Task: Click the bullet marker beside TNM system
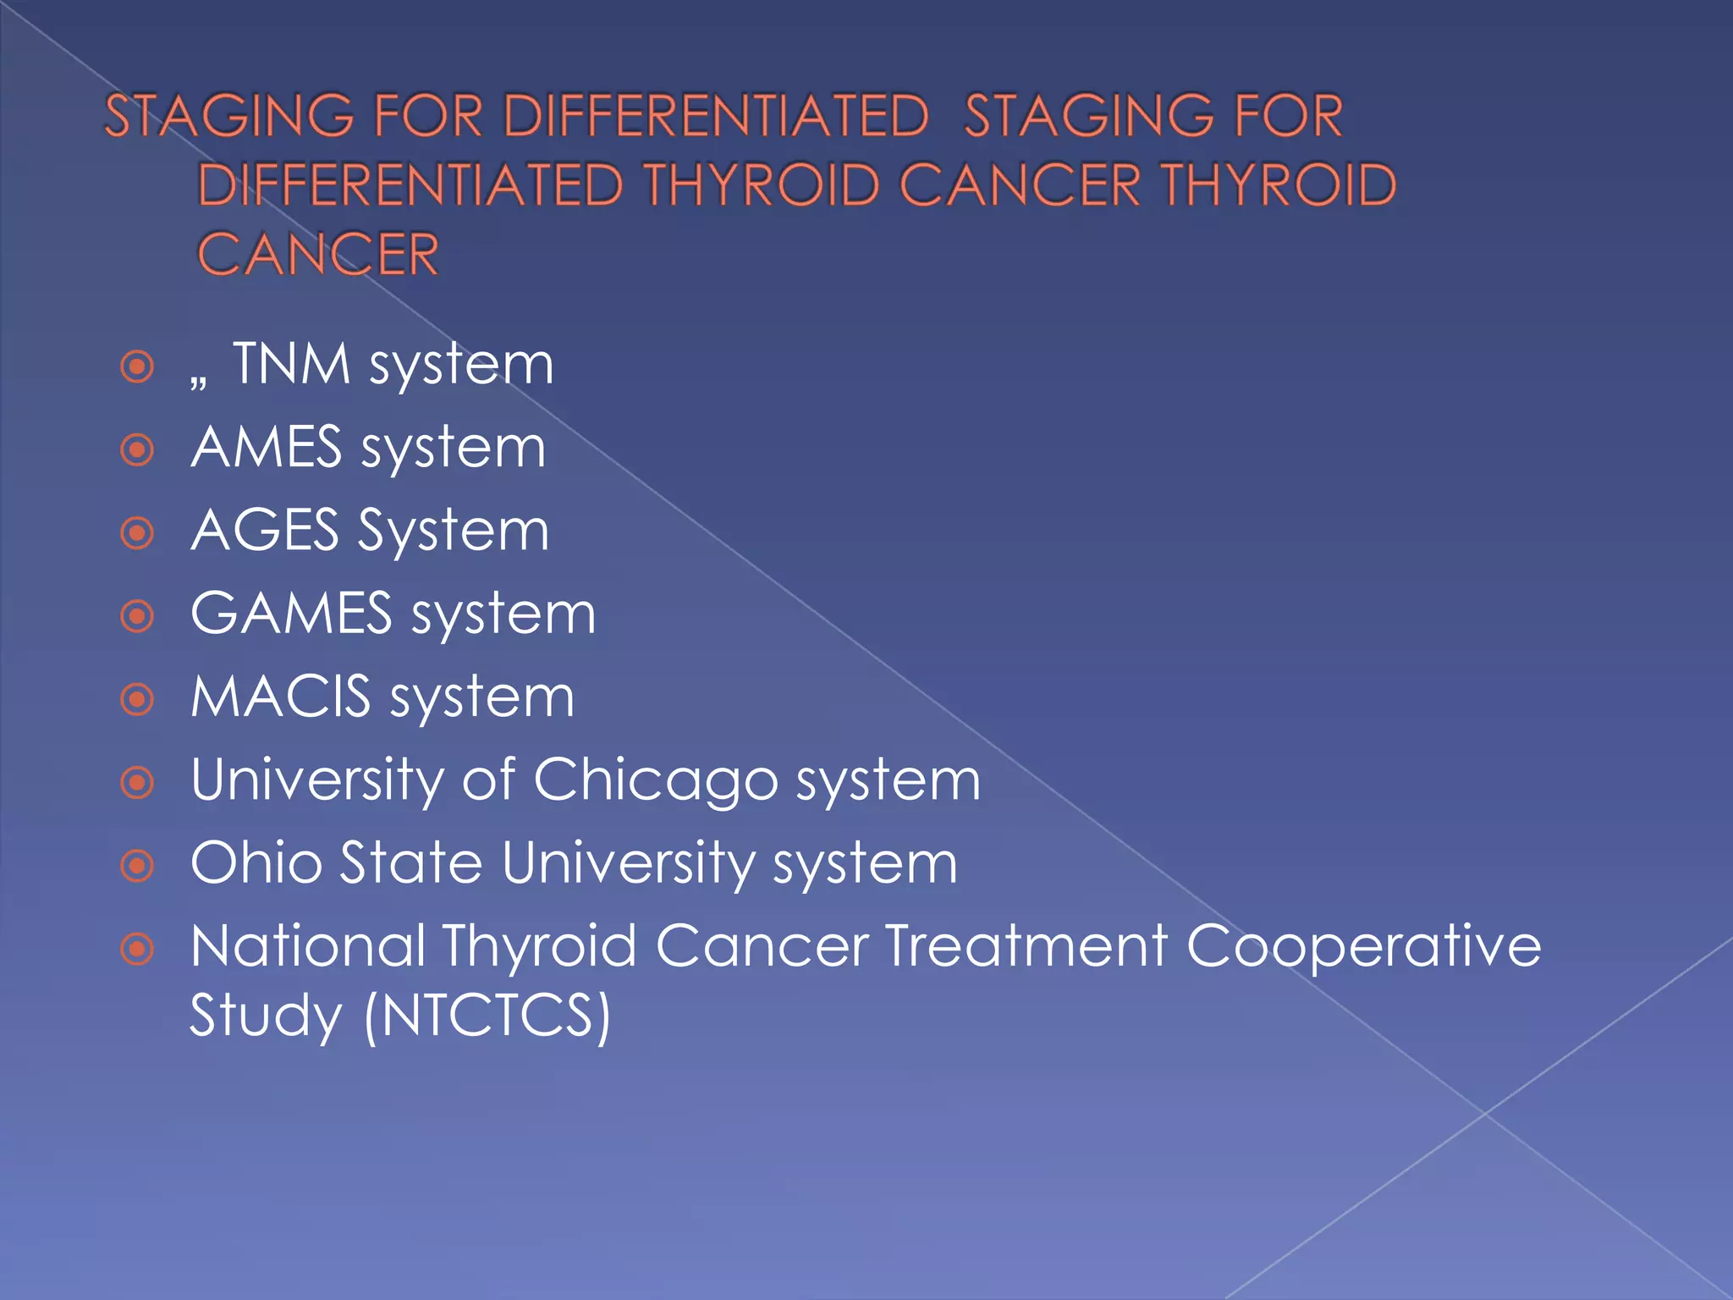137,367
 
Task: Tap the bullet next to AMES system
137,449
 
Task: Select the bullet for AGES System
137,533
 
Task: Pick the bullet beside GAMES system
137,616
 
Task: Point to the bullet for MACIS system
137,699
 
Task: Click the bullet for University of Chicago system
137,782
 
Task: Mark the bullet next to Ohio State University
137,865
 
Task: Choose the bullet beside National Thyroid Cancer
137,949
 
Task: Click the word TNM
292,364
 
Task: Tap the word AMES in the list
267,447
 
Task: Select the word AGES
265,531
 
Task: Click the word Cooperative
1363,946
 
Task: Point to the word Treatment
1026,945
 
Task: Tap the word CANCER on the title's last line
318,254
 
